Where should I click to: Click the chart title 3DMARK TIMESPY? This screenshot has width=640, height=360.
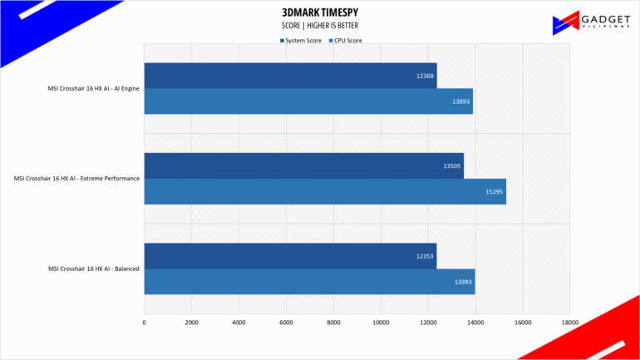pyautogui.click(x=320, y=13)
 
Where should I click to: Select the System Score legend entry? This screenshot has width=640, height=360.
pyautogui.click(x=301, y=40)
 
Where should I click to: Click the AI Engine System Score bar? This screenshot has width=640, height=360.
pyautogui.click(x=290, y=76)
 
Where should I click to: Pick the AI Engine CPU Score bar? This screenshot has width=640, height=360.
pyautogui.click(x=308, y=101)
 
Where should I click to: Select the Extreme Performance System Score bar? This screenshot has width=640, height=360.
pyautogui.click(x=303, y=165)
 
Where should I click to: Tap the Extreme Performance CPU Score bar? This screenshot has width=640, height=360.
pyautogui.click(x=325, y=191)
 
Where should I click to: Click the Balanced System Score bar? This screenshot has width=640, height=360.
pyautogui.click(x=290, y=256)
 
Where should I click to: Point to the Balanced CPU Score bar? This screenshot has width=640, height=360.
pyautogui.click(x=309, y=281)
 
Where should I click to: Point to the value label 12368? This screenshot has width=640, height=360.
pyautogui.click(x=425, y=76)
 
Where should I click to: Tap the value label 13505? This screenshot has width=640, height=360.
pyautogui.click(x=451, y=165)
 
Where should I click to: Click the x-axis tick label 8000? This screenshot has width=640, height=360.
pyautogui.click(x=333, y=323)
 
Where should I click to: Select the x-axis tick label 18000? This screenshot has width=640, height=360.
pyautogui.click(x=569, y=323)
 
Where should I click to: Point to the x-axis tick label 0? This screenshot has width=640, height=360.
pyautogui.click(x=145, y=323)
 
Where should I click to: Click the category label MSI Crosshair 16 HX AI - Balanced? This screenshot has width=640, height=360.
pyautogui.click(x=93, y=269)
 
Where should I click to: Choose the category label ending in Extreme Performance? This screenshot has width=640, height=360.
pyautogui.click(x=76, y=178)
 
